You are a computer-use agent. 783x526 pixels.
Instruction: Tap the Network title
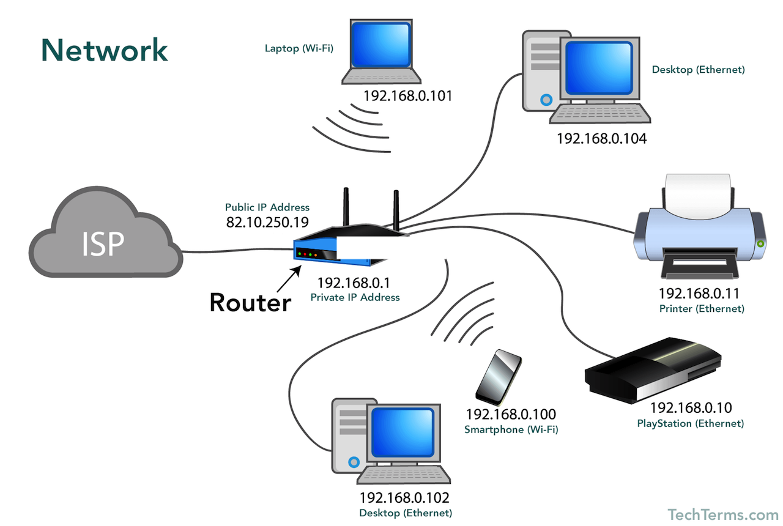click(x=105, y=50)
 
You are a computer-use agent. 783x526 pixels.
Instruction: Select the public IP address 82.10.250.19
click(x=267, y=222)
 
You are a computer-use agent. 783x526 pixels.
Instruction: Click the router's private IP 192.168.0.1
click(x=354, y=283)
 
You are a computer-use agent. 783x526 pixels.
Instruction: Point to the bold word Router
click(x=250, y=302)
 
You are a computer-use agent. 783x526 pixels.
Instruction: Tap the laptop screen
click(x=381, y=45)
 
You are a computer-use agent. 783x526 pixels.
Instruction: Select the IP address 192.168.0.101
click(x=408, y=96)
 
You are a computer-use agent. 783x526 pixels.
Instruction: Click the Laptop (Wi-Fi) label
click(x=299, y=48)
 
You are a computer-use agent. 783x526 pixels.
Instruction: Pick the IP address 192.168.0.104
click(x=601, y=139)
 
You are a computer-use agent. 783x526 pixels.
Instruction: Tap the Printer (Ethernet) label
click(x=702, y=309)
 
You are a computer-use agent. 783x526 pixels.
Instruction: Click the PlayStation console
click(x=653, y=370)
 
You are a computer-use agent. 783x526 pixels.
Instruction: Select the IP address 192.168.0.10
click(x=691, y=408)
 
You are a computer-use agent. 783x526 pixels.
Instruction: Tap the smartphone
click(x=499, y=378)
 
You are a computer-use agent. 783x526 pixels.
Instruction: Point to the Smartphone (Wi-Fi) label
click(x=511, y=429)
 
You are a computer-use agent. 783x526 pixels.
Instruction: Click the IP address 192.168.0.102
click(x=404, y=498)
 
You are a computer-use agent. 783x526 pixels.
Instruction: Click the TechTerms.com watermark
click(x=723, y=515)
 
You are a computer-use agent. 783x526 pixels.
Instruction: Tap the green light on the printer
click(x=760, y=243)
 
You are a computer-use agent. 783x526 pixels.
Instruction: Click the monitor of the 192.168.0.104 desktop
click(x=599, y=68)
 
